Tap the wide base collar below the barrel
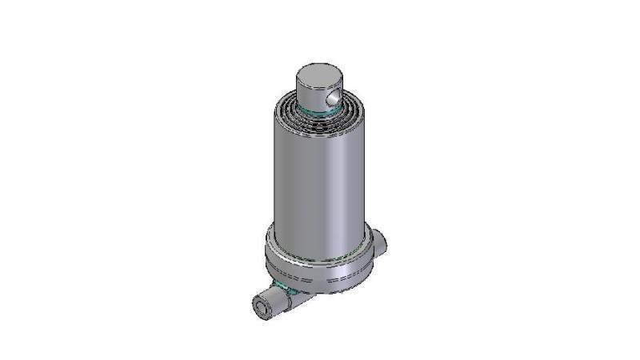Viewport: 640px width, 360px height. pyautogui.click(x=320, y=264)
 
